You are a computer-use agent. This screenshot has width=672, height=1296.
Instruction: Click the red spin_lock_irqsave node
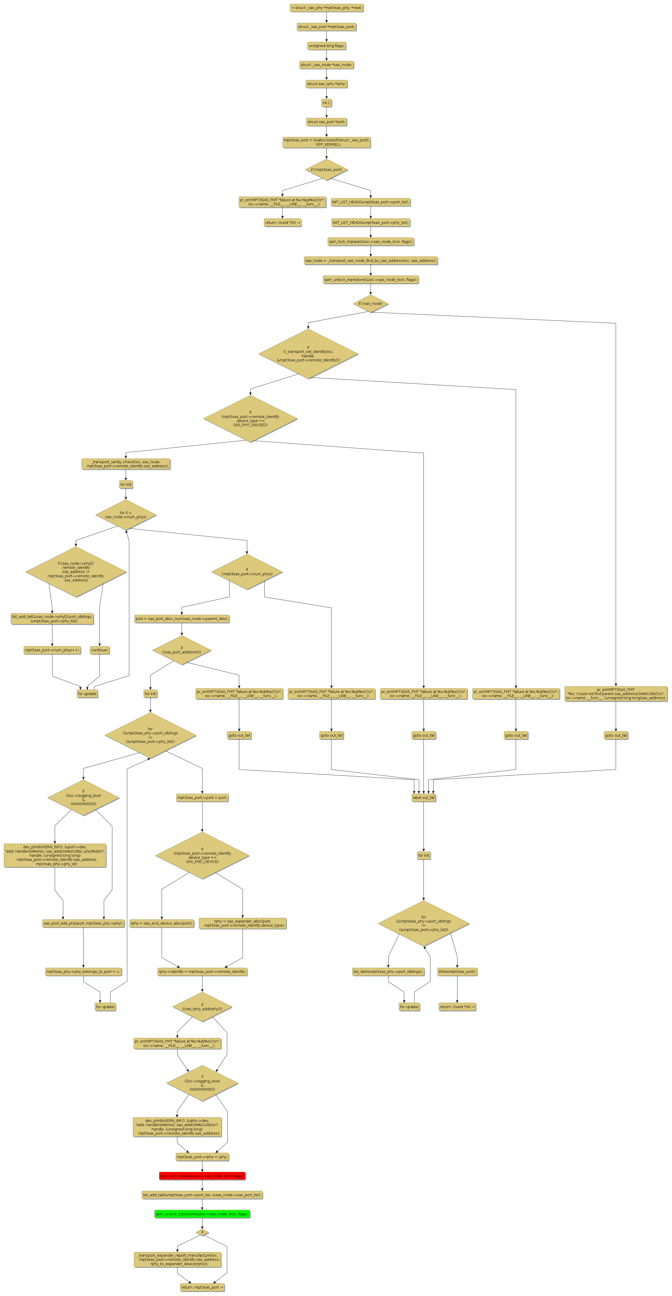pyautogui.click(x=202, y=1176)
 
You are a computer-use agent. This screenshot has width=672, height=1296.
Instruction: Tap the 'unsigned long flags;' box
pyautogui.click(x=326, y=46)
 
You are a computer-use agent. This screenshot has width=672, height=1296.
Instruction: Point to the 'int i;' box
pyautogui.click(x=326, y=103)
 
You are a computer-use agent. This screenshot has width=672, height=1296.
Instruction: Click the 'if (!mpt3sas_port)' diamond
pyautogui.click(x=326, y=170)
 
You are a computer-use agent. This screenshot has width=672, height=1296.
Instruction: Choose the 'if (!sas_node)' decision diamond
pyautogui.click(x=371, y=303)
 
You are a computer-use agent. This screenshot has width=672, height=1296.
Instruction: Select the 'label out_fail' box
pyautogui.click(x=424, y=797)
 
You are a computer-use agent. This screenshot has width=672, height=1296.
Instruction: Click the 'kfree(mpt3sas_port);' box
pyautogui.click(x=457, y=972)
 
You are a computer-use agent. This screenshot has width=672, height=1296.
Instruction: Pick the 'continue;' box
pyautogui.click(x=100, y=650)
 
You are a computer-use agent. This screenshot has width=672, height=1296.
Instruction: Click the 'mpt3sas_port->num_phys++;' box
pyautogui.click(x=52, y=650)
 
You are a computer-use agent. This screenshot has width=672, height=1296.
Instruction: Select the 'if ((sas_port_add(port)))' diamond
pyautogui.click(x=182, y=650)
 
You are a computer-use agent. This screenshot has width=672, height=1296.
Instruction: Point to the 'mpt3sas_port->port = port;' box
pyautogui.click(x=202, y=797)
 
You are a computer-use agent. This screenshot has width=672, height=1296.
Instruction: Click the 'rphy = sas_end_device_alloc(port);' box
pyautogui.click(x=161, y=923)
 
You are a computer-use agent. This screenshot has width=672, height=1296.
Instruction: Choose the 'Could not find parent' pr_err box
pyautogui.click(x=616, y=694)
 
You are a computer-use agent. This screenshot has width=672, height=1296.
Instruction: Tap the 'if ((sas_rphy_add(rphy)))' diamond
pyautogui.click(x=202, y=1007)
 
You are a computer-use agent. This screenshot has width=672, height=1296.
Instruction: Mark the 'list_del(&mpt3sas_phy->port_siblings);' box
pyautogui.click(x=388, y=972)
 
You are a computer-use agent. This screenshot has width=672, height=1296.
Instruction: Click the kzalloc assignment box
pyautogui.click(x=326, y=142)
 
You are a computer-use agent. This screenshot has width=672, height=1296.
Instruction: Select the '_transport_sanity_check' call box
pyautogui.click(x=126, y=464)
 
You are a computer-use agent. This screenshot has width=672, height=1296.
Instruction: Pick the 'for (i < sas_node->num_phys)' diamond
pyautogui.click(x=126, y=515)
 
